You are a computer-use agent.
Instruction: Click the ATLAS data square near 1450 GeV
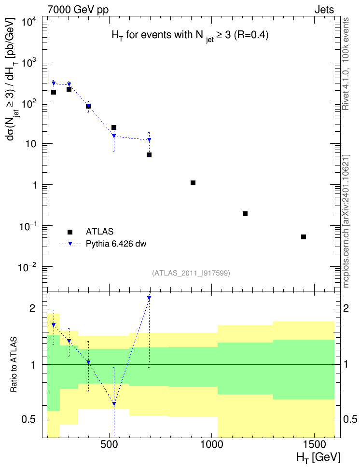304,237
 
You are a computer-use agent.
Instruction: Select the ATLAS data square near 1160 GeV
245,214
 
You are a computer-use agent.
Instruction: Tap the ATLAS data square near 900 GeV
193,183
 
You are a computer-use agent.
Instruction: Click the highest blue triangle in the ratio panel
149,298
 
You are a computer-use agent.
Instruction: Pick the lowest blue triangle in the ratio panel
114,404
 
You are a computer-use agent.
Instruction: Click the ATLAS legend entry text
99,232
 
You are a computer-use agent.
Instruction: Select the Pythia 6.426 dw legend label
116,244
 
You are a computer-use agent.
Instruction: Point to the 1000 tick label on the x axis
212,445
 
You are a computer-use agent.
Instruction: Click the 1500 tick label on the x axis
315,445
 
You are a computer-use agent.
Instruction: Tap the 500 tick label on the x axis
110,445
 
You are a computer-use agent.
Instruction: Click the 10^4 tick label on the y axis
29,22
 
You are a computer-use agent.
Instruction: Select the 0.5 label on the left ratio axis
28,420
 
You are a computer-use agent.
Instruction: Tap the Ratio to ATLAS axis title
14,365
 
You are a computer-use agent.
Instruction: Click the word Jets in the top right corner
324,10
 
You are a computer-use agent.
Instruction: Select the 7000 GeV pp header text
78,10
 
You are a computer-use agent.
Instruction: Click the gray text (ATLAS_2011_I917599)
191,273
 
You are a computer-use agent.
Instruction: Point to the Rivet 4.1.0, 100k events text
346,64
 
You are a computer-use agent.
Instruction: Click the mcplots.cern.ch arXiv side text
346,221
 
